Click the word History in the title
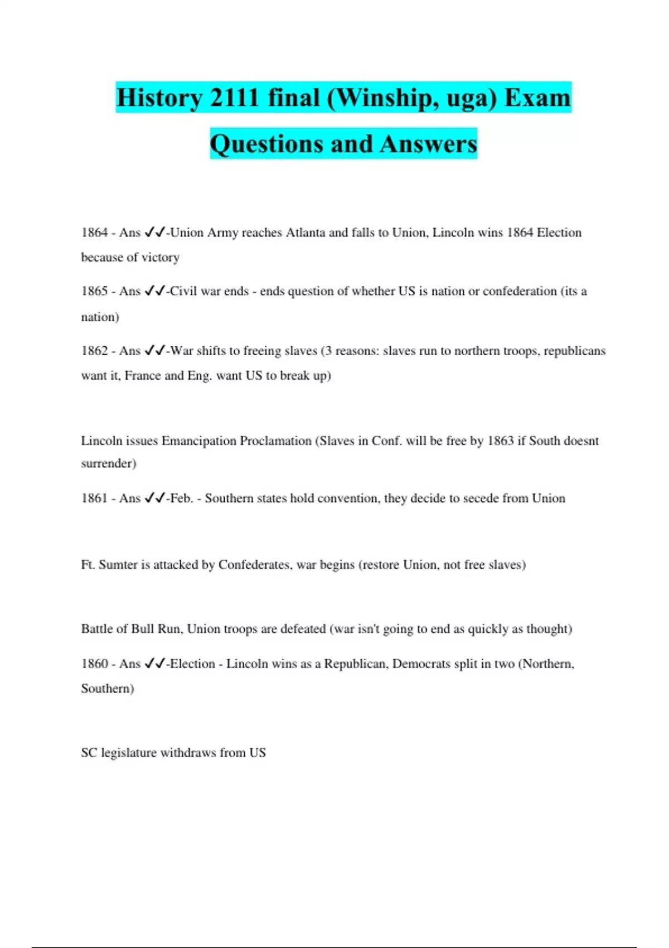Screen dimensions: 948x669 (159, 98)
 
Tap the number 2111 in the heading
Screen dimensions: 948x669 (234, 98)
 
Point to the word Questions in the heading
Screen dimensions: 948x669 (265, 144)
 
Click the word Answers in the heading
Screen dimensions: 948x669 (429, 144)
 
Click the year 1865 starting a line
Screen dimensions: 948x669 (94, 291)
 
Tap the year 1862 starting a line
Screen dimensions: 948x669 (94, 351)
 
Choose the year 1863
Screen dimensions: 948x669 (500, 441)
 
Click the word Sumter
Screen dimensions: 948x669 (118, 565)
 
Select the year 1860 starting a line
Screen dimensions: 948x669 (94, 664)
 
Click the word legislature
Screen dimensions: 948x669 (129, 753)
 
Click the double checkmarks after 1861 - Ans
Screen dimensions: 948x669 (155, 499)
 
